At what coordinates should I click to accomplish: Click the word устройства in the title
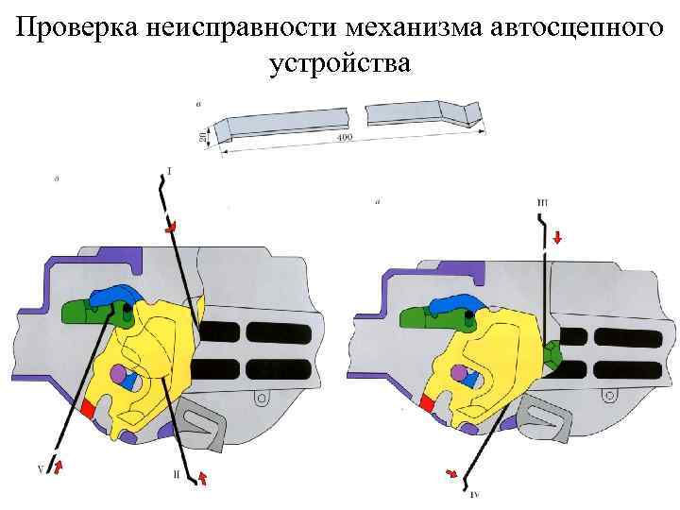[x=340, y=63]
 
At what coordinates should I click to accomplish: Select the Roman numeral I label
[x=170, y=171]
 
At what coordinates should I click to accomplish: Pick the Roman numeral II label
[x=177, y=475]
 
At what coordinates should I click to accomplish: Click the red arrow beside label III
[x=557, y=238]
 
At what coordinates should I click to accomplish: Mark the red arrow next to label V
[x=57, y=466]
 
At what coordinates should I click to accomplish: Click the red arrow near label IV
[x=451, y=472]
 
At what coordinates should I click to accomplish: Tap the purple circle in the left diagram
[x=118, y=374]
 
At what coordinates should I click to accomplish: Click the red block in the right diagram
[x=427, y=404]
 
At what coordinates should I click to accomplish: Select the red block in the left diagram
[x=88, y=408]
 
